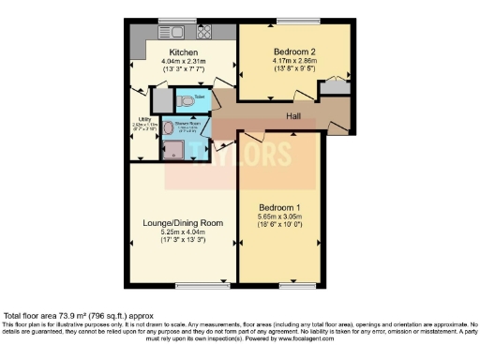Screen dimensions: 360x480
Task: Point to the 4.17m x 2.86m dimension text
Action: pos(294,59)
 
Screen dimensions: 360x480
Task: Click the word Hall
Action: pos(294,116)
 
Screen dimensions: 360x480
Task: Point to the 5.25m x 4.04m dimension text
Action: pos(183,232)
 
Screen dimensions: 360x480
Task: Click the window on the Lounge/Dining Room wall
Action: pos(196,283)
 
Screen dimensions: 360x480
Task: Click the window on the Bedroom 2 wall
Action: pos(294,22)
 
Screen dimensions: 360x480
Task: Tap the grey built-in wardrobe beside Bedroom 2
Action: pos(333,88)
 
